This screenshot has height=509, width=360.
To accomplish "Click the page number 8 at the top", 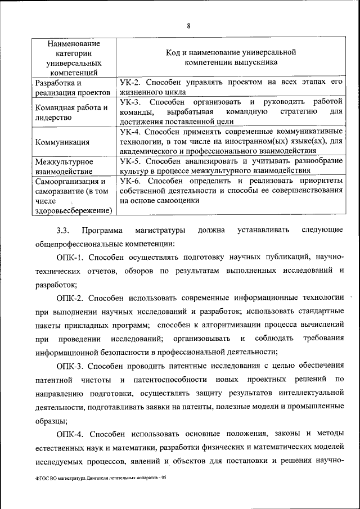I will tap(188, 25).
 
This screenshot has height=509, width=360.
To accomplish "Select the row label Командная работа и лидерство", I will tap(71, 112).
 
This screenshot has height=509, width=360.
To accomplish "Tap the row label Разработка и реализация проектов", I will tap(72, 88).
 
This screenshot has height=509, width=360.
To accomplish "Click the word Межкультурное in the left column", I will tap(64, 161).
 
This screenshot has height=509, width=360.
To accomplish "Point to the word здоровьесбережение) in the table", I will tap(73, 211).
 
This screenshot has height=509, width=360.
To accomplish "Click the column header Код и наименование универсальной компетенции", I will tap(231, 56).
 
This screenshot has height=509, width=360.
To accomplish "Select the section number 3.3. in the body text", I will tap(62, 230).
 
